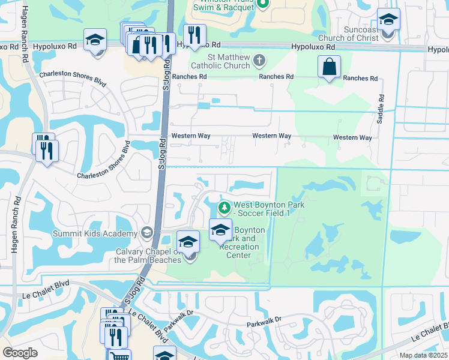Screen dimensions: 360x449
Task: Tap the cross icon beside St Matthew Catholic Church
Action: (259, 60)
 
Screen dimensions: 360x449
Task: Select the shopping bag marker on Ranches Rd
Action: (330, 67)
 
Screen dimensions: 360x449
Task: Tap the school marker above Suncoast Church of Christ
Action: (388, 20)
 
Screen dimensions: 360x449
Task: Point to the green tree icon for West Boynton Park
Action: (224, 208)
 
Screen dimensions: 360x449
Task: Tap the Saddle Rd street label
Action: (381, 108)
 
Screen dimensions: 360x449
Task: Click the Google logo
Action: (20, 353)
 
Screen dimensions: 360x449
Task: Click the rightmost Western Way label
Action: (352, 137)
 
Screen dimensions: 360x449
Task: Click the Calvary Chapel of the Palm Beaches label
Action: (148, 256)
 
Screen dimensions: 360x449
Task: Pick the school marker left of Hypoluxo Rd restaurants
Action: (95, 41)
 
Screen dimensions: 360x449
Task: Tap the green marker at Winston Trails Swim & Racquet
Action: (262, 4)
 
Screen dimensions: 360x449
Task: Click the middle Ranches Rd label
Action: (276, 77)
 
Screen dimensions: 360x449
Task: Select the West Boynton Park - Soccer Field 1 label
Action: (270, 209)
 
